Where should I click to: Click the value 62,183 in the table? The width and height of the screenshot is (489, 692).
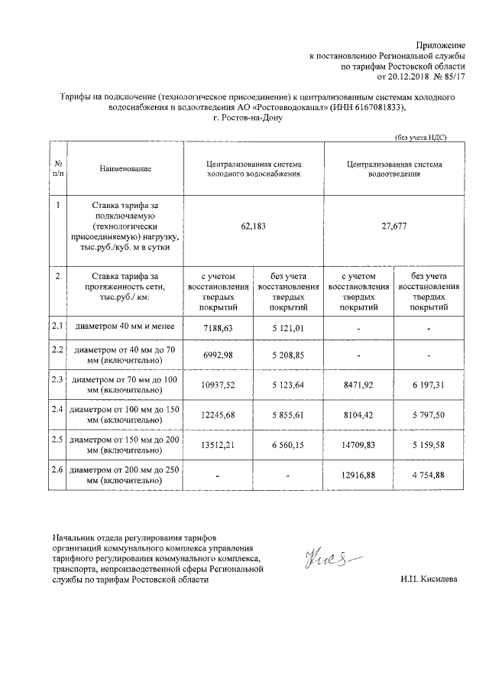(x=254, y=227)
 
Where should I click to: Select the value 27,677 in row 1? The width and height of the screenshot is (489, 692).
(x=394, y=227)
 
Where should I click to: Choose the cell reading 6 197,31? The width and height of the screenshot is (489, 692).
(x=429, y=384)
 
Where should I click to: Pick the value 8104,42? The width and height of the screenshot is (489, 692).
(x=359, y=414)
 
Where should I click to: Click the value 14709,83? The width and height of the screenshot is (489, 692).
(x=359, y=445)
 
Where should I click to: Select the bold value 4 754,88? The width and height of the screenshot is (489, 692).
(x=429, y=476)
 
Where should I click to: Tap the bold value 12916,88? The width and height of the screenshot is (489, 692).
(x=359, y=476)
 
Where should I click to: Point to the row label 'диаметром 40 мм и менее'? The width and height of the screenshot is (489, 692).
(x=125, y=327)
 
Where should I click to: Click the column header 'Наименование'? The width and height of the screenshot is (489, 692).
(x=125, y=168)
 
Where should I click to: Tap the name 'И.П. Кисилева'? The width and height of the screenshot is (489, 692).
(x=429, y=580)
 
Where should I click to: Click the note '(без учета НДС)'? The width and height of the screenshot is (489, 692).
(x=419, y=137)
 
